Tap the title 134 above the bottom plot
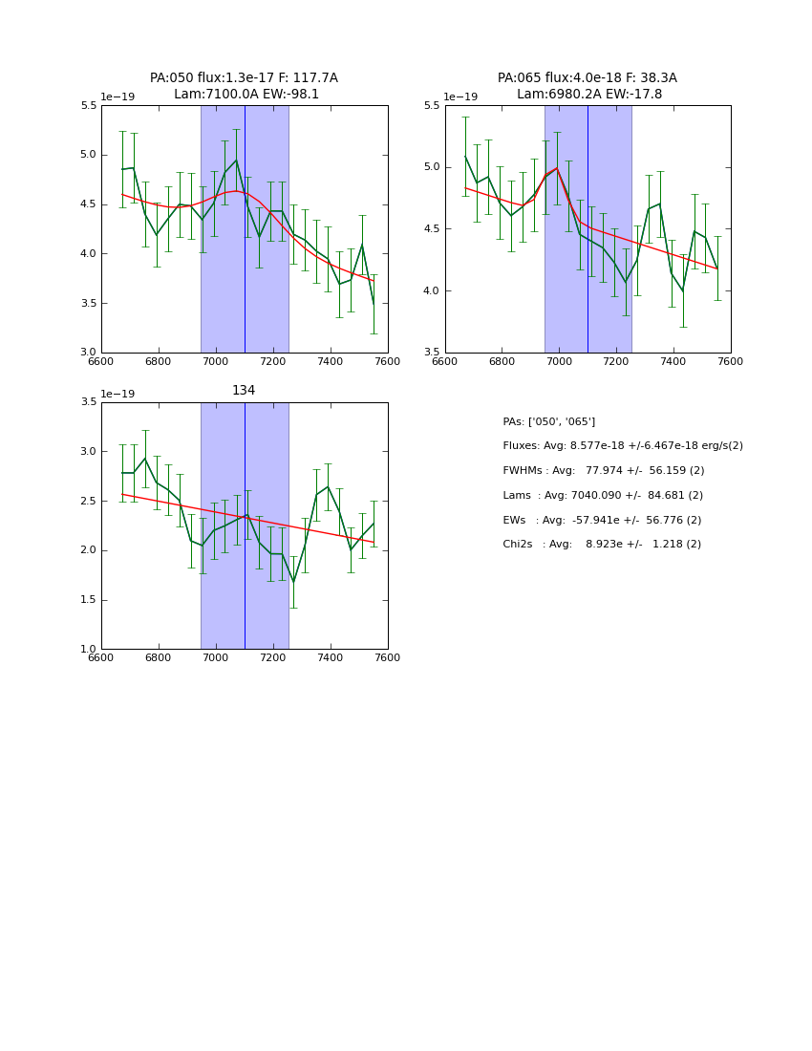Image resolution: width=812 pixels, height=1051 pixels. pos(244,391)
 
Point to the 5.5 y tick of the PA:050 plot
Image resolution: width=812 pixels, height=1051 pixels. pos(88,106)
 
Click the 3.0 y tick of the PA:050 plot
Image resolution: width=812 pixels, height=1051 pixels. pos(88,353)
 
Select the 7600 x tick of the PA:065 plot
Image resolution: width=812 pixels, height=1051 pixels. pos(731,361)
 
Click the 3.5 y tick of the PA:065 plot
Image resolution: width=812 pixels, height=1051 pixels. pos(432,353)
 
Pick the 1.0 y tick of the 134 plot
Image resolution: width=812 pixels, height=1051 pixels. pos(88,650)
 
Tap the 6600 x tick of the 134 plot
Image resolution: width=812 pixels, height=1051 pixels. pos(101,657)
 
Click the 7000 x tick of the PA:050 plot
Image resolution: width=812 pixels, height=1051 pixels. pos(216,361)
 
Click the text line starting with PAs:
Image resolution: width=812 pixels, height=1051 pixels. pos(548,422)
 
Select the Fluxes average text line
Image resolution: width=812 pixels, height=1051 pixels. pos(622,446)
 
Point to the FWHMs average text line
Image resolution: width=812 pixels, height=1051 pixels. pos(603,471)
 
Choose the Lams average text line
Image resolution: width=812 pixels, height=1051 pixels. pos(602,496)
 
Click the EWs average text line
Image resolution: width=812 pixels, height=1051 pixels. pos(602,521)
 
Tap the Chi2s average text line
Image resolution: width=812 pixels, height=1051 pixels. pos(601,545)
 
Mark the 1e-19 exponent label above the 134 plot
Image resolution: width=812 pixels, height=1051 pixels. pos(118,395)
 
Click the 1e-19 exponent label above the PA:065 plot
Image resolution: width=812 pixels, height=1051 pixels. pos(460,97)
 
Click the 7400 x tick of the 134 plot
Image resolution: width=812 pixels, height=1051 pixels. pos(331,657)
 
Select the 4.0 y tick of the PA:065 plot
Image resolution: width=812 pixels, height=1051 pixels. pos(432,290)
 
